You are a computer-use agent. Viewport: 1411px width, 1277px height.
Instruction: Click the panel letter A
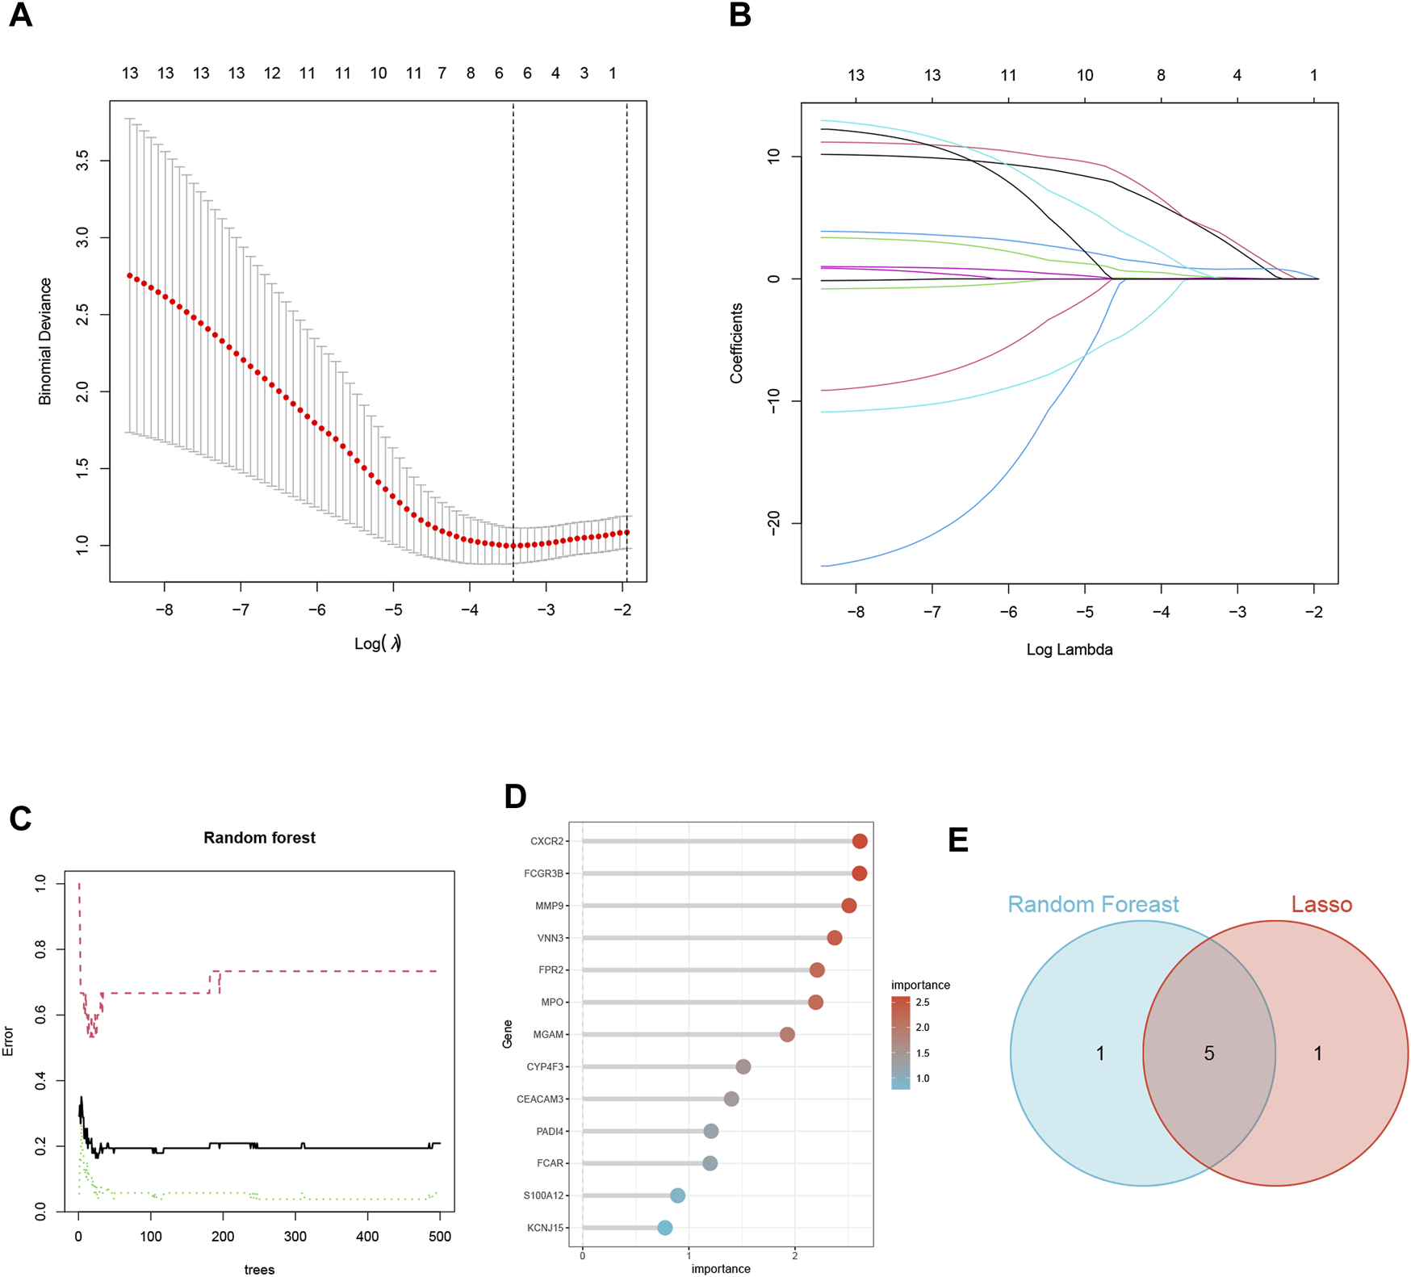point(20,15)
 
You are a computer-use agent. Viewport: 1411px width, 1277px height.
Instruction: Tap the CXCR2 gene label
point(546,841)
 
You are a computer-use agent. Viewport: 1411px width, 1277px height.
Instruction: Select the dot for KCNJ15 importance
point(664,1228)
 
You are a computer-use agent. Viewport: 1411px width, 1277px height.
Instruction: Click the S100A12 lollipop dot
point(677,1195)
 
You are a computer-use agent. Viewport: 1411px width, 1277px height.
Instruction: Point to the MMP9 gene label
point(549,906)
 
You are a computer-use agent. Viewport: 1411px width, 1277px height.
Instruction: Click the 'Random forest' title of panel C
point(259,838)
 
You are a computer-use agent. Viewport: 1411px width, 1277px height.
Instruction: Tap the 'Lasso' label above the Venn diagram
point(1321,904)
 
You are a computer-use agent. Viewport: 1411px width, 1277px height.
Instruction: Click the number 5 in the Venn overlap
point(1209,1053)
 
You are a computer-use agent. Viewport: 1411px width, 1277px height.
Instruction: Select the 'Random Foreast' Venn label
point(1093,904)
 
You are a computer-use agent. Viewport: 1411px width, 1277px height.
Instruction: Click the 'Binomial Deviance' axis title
point(45,341)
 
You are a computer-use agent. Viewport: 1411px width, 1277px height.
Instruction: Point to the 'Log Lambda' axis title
point(1070,650)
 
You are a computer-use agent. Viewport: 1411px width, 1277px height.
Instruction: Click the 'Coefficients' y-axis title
point(736,343)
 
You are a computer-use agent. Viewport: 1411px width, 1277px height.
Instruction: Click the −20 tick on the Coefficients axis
point(773,523)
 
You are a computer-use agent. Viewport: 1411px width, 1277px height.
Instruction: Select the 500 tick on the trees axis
point(439,1237)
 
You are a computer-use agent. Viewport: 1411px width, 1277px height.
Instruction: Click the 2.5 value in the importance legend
point(923,1003)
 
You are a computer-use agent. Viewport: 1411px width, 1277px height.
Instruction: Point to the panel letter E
point(958,839)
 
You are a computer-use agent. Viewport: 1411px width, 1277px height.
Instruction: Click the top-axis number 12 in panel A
point(272,73)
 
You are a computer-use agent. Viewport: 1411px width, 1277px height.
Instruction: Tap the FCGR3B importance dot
point(859,873)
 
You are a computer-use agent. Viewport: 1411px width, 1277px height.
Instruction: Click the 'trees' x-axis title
point(259,1270)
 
